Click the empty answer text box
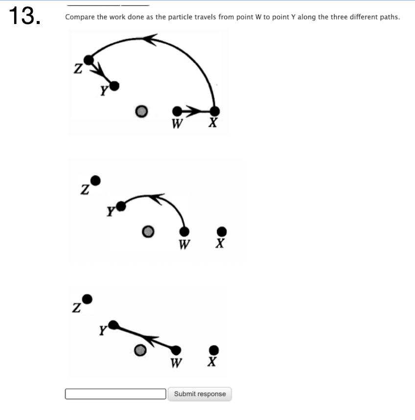pyautogui.click(x=115, y=394)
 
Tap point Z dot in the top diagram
pyautogui.click(x=88, y=60)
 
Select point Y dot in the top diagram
pyautogui.click(x=115, y=86)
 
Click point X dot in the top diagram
pyautogui.click(x=214, y=111)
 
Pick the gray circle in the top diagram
pyautogui.click(x=141, y=112)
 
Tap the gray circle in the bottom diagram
pyautogui.click(x=140, y=350)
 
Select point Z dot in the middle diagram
pyautogui.click(x=96, y=181)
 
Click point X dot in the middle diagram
pyautogui.click(x=222, y=231)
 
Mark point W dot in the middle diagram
pyautogui.click(x=184, y=231)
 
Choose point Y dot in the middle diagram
pyautogui.click(x=121, y=206)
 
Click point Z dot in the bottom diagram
pyautogui.click(x=87, y=299)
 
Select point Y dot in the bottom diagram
pyautogui.click(x=113, y=324)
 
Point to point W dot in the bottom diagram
pyautogui.click(x=176, y=350)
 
